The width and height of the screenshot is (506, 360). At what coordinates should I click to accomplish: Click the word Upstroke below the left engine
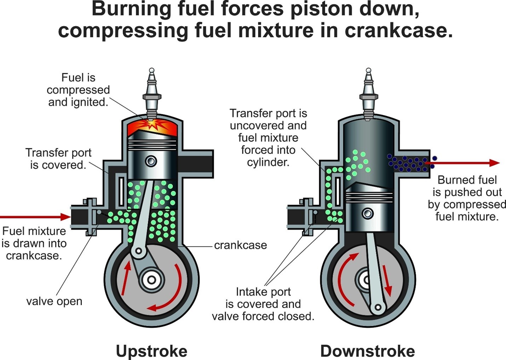point(151,351)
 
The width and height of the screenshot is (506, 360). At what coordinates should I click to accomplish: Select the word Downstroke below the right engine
point(367,351)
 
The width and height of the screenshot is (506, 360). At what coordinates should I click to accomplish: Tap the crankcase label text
point(241,245)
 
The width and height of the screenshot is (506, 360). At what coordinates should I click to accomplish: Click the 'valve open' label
point(54,301)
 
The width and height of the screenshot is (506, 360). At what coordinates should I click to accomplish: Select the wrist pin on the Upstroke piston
point(151,161)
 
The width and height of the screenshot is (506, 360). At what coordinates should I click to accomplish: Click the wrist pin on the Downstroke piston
point(368,213)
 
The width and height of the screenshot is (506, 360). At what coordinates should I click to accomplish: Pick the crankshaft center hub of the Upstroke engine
point(151,280)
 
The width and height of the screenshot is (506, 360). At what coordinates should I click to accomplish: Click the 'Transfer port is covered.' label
point(58,159)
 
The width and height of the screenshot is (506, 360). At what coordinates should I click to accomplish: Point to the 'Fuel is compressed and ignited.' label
point(78,90)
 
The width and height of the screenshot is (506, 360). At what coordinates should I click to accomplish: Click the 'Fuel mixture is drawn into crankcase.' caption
point(34,243)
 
